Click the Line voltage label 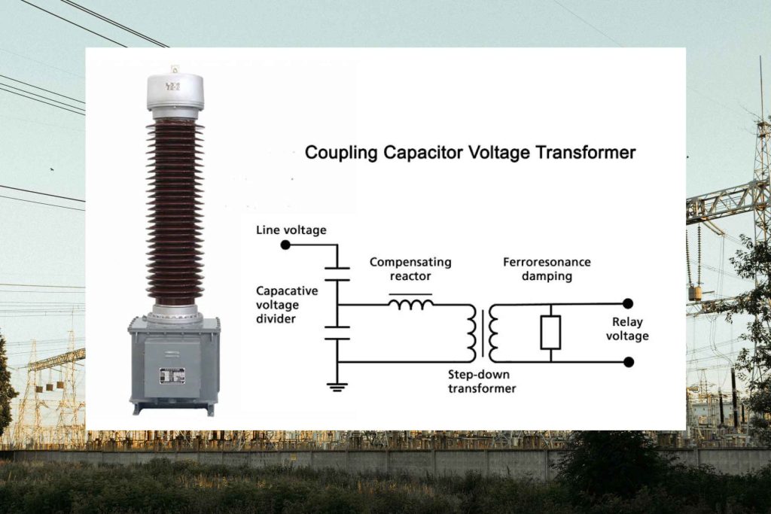tap(291, 230)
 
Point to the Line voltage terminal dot tap(285, 245)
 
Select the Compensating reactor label tap(410, 269)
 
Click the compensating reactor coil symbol tap(410, 303)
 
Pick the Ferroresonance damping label tap(547, 269)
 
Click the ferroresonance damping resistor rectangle tap(550, 333)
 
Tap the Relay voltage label tap(626, 329)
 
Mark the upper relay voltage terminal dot tap(628, 304)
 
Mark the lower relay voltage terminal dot tap(628, 362)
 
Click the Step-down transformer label tap(482, 381)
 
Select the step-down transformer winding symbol tap(483, 333)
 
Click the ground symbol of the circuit tap(338, 386)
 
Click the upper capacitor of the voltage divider tap(338, 274)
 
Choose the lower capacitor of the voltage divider tap(338, 333)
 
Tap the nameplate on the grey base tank tap(172, 375)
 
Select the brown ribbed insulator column tap(175, 211)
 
